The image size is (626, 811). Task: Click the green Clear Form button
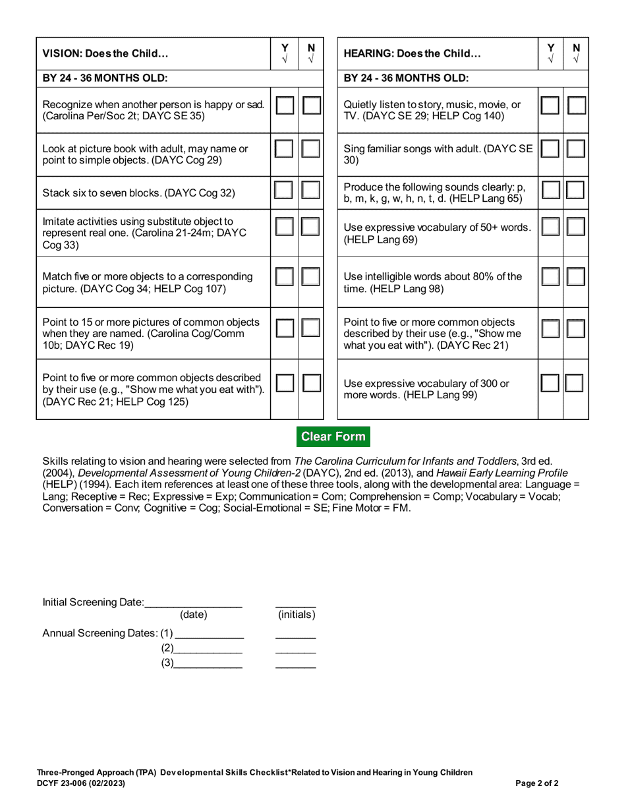click(333, 436)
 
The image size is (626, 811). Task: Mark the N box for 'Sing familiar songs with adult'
click(576, 148)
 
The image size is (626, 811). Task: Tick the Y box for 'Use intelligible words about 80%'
click(550, 276)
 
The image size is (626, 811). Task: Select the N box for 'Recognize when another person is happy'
click(311, 105)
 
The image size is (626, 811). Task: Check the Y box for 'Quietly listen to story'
click(550, 105)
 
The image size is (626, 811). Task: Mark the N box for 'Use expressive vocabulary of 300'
click(575, 383)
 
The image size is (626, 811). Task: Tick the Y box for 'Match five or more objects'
click(285, 276)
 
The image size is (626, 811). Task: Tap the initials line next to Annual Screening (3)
click(295, 664)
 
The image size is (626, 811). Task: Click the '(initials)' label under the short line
click(297, 615)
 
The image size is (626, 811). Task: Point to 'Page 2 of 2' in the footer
click(537, 784)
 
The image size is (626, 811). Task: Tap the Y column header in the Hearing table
click(550, 53)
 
